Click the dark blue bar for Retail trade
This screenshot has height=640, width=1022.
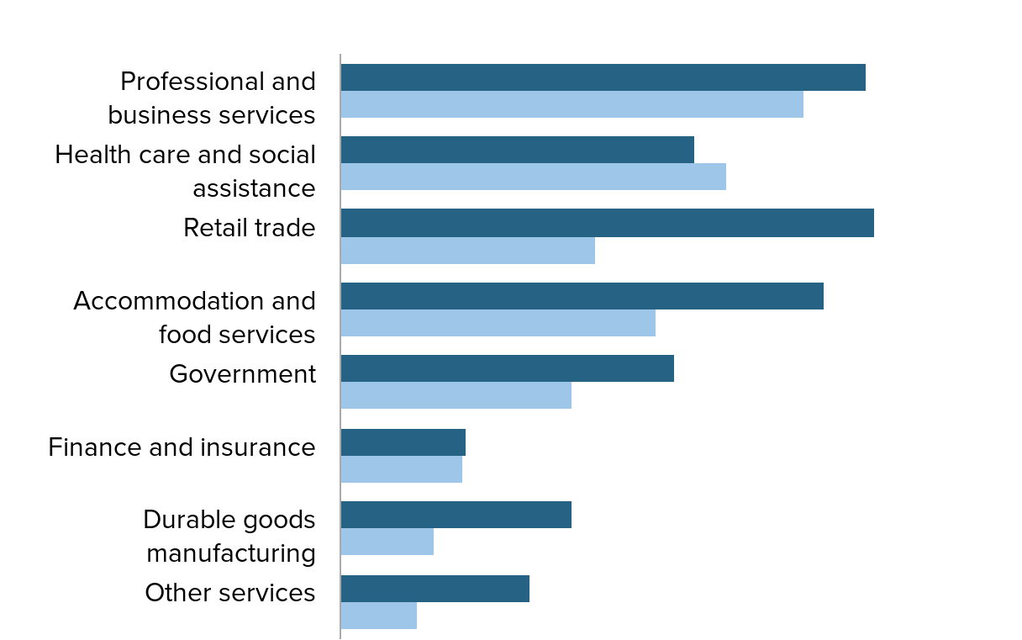coord(607,223)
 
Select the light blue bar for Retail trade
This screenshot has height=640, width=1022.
coord(467,251)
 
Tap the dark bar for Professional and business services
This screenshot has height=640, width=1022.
coord(603,77)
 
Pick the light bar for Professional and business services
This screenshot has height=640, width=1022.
coord(572,104)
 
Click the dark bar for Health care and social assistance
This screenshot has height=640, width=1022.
coord(517,150)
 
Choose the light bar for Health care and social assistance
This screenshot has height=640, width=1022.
coord(533,177)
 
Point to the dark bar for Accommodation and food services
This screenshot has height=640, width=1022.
coord(582,296)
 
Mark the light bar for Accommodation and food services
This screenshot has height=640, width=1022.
coord(498,323)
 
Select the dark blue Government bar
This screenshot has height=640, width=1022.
coord(507,368)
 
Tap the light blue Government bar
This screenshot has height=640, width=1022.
coord(456,395)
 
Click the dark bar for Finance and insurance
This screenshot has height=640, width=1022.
coord(403,442)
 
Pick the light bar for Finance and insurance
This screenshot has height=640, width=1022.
coord(401,469)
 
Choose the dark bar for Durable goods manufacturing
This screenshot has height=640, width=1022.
coord(456,515)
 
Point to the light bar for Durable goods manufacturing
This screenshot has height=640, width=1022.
coord(387,542)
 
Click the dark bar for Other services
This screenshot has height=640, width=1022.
coord(435,589)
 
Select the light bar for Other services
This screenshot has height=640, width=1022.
coord(378,616)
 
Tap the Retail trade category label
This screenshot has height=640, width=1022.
coord(250,228)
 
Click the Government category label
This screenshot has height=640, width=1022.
coord(242,374)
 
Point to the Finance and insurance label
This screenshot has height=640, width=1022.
coord(182,447)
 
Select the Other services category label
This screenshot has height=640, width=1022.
coord(230,593)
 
